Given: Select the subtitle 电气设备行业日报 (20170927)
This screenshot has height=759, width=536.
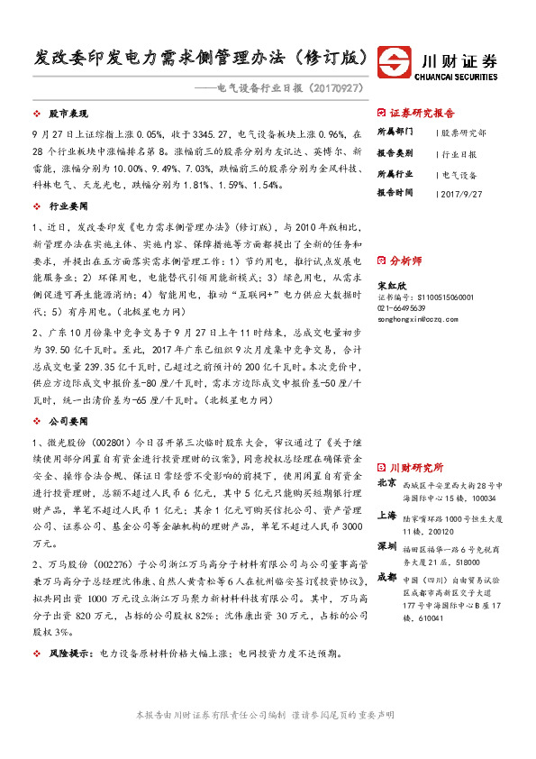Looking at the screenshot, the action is coord(282,89).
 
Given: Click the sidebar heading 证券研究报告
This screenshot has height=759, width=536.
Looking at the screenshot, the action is coord(422,114).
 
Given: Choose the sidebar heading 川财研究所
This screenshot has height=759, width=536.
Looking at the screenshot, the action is coord(415,468).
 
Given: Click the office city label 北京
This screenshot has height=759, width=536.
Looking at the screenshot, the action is coord(386,484).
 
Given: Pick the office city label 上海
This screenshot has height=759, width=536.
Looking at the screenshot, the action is coord(386,516).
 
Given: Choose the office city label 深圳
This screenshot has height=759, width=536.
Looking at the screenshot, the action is coord(386,546).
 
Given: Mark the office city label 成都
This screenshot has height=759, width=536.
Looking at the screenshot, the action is coord(386,577).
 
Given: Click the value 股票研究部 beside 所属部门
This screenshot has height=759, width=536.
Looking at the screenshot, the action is coord(464,133).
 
